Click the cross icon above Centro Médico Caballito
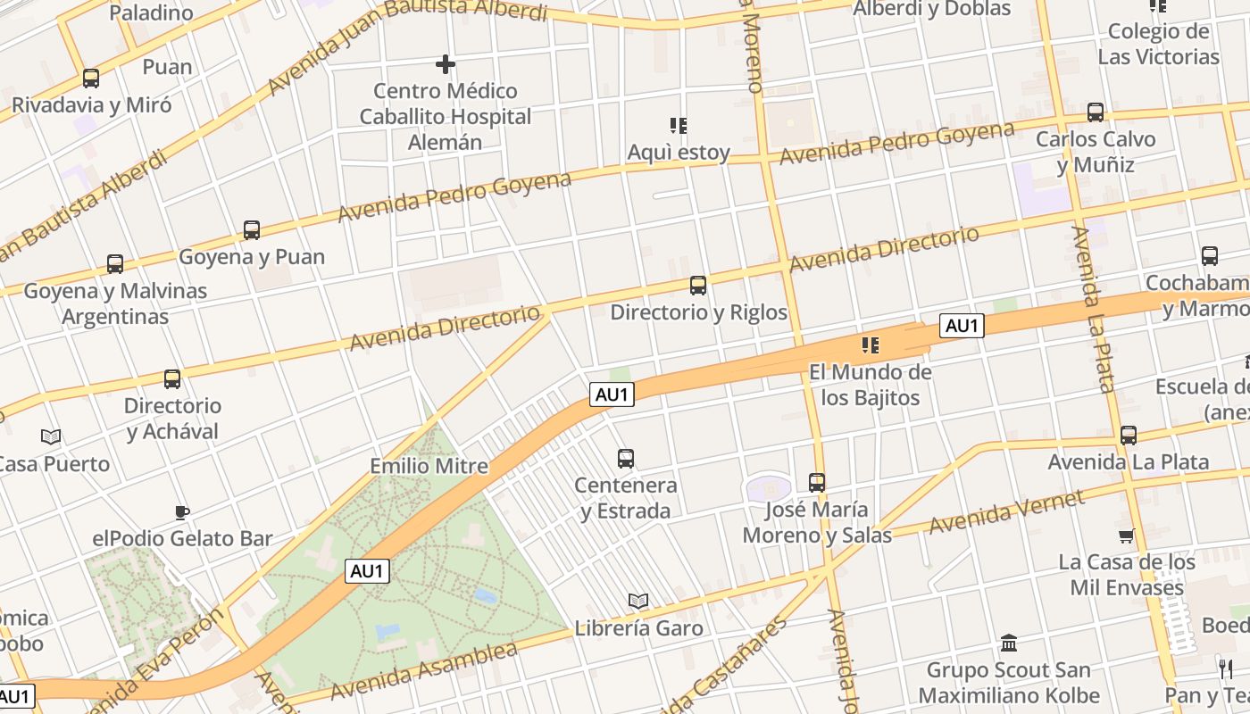446,64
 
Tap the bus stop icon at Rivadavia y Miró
91,79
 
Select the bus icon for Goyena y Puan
252,230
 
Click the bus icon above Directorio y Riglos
698,286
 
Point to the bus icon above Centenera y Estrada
626,459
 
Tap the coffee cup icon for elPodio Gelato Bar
182,512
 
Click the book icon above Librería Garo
637,601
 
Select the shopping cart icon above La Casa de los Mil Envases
1126,536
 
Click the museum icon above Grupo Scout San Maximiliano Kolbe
1009,643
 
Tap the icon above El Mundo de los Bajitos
870,345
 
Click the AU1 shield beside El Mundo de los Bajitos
962,326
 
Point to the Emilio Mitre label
429,466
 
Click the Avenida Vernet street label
1006,511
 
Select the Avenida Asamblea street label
424,670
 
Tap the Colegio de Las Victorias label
1158,45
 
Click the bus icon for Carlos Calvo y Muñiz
1096,112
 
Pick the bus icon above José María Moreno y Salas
817,483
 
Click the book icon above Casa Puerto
51,436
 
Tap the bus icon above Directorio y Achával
172,379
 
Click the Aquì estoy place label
679,153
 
